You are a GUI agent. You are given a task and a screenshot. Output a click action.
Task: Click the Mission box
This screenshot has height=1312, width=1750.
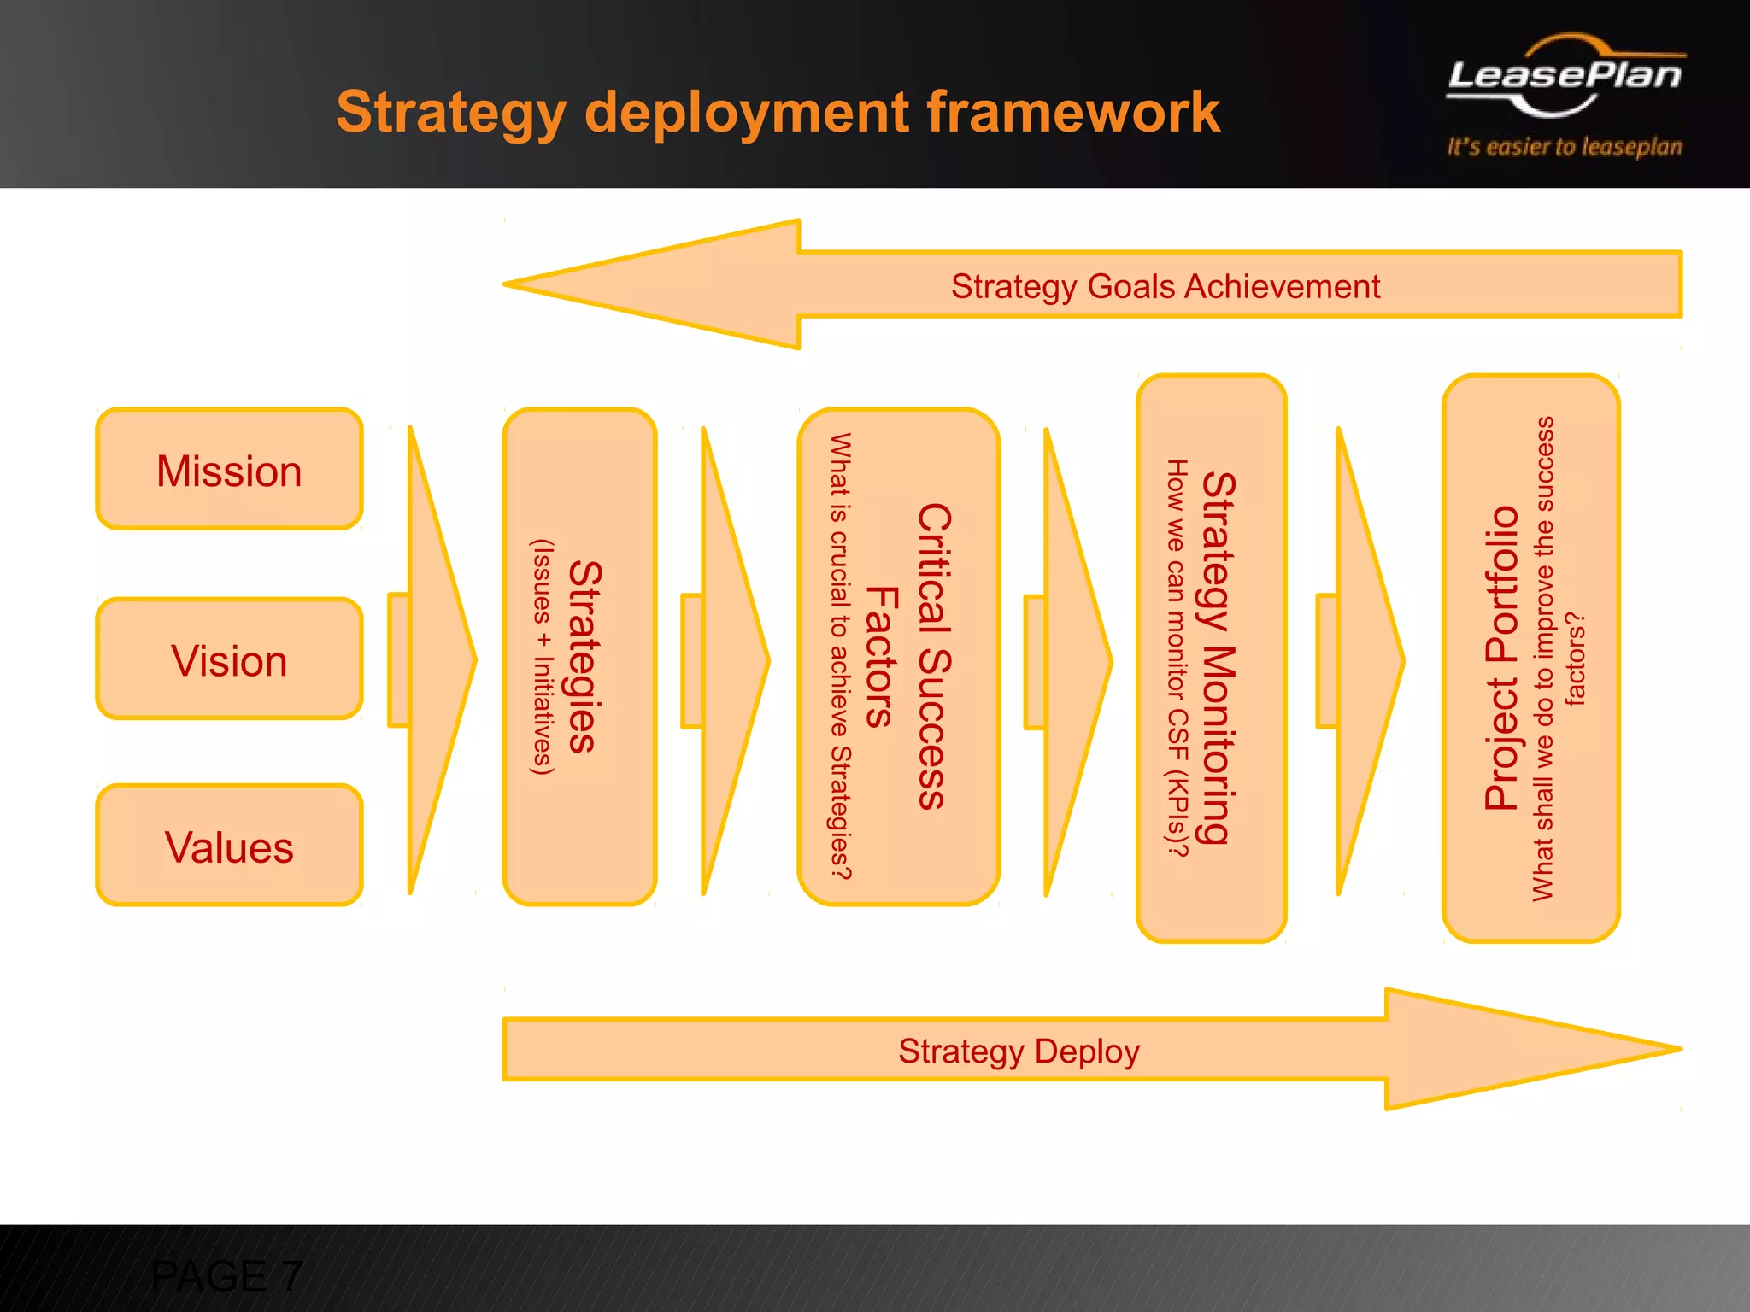point(229,470)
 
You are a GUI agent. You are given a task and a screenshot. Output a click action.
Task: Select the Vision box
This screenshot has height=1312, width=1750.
point(229,659)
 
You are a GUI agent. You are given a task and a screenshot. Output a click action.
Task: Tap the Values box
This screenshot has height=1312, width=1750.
point(229,846)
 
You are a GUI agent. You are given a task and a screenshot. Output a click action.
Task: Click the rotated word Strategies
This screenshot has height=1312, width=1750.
point(586,656)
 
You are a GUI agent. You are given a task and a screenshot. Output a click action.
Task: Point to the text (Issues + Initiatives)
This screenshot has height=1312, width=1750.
point(543,656)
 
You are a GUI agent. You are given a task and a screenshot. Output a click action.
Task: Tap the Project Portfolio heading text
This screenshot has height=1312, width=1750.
point(1501,658)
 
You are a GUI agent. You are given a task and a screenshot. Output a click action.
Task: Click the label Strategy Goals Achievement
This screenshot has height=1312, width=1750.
point(1166,286)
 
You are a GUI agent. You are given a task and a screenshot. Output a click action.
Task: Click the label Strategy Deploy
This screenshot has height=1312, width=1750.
point(1019,1051)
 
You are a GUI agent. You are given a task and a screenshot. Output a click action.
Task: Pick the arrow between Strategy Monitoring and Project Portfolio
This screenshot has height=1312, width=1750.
point(1364,659)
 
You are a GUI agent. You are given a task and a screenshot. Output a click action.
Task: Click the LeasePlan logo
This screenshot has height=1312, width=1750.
point(1565,77)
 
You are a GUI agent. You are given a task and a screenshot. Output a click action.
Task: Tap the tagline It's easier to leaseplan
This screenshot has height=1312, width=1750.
point(1565,147)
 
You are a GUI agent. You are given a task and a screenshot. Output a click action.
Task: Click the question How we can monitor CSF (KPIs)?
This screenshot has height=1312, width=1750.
point(1177,658)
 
